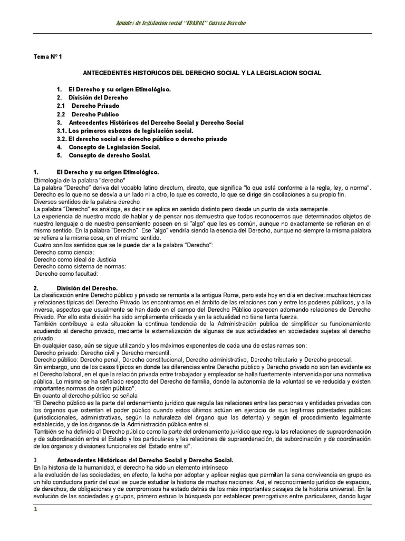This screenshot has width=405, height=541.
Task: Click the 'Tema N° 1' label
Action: point(48,57)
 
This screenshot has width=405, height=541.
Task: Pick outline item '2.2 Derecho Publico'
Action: point(88,114)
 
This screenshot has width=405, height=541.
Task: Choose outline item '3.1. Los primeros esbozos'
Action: point(125,130)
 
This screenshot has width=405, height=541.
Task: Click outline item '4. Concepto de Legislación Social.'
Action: point(109,147)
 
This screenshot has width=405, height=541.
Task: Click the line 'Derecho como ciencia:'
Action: point(64,253)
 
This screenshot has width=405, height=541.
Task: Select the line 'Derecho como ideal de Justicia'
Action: point(75,259)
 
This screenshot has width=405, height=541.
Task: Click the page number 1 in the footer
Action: point(36,510)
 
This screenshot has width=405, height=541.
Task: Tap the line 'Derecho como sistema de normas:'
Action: point(79,266)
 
